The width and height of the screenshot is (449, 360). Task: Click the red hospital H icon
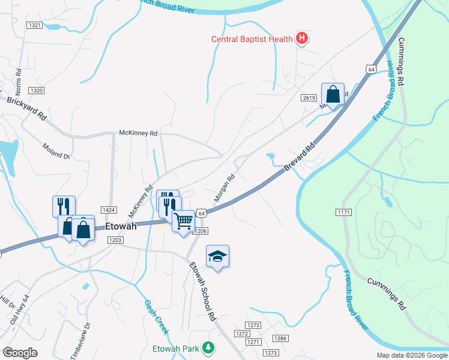303,40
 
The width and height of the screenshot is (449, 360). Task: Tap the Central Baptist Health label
252,40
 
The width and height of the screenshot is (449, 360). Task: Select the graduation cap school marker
217,257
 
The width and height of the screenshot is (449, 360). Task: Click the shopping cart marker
183,221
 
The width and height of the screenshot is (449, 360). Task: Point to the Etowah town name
121,227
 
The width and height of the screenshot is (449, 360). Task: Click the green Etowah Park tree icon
208,347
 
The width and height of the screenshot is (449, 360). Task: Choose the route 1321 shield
35,25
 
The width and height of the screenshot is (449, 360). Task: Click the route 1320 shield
36,90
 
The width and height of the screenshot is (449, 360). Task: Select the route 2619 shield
309,98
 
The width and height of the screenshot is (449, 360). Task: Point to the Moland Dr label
56,151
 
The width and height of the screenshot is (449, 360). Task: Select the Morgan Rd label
223,187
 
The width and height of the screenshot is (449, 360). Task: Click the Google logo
20,353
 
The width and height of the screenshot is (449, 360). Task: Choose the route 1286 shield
280,338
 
